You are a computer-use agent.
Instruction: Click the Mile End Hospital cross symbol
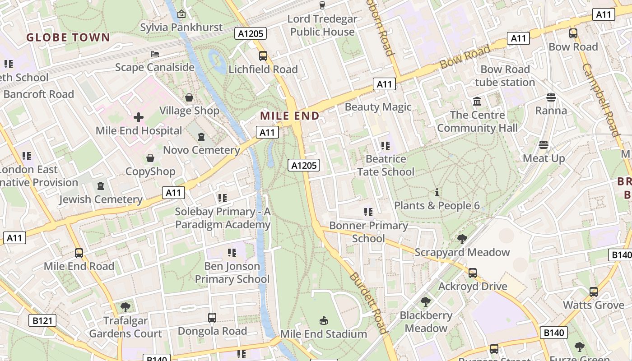point(139,118)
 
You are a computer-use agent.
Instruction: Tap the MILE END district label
point(290,116)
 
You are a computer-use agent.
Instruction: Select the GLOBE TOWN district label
point(68,37)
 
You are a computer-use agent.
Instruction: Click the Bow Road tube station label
point(505,76)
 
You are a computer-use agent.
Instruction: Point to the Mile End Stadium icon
point(323,321)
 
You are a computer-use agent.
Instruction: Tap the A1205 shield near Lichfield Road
point(251,33)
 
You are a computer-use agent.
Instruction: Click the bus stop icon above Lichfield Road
point(263,56)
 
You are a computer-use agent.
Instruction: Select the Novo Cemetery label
point(201,150)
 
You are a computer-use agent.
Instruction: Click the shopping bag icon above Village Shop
point(189,97)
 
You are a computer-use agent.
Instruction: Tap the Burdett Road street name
point(369,303)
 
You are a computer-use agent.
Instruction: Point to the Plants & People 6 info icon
point(437,193)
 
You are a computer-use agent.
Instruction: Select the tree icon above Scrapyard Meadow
point(462,239)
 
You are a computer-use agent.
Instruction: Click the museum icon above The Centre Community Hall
point(477,102)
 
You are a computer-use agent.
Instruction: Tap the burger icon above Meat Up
point(544,145)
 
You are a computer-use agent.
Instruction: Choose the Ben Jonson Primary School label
point(232,273)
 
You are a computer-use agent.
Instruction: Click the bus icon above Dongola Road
point(212,318)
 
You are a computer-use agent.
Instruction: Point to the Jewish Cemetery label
point(101,199)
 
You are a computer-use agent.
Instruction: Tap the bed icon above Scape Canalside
point(155,54)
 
